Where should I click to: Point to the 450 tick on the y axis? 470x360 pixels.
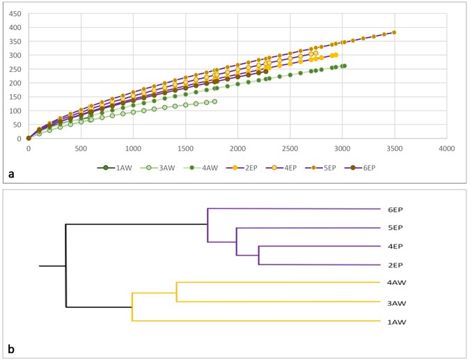click(x=15, y=13)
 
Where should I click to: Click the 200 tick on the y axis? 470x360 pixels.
click(x=15, y=83)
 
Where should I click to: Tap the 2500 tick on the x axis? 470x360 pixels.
click(x=290, y=148)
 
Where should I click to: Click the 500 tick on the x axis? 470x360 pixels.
click(x=81, y=148)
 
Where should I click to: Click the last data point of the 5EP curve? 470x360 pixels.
click(x=394, y=33)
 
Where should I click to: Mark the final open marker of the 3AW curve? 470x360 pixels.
click(x=214, y=102)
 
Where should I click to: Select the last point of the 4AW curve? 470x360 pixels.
click(x=344, y=66)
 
